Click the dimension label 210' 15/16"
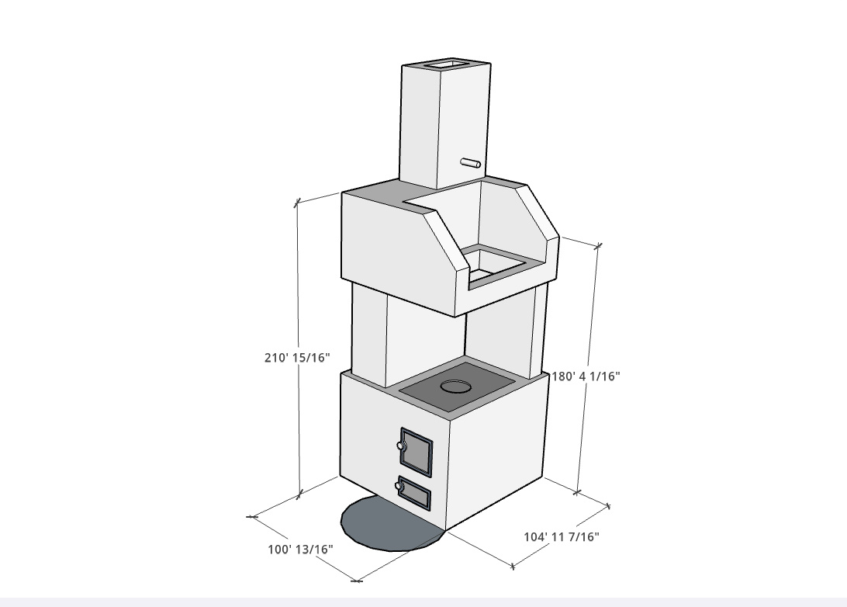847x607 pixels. coord(296,357)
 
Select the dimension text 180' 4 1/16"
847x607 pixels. coord(586,376)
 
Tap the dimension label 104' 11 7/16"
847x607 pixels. coord(562,536)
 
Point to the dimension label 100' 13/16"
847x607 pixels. coord(300,549)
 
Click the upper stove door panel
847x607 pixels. coord(416,453)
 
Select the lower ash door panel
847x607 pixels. coord(414,493)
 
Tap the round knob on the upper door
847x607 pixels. coord(400,446)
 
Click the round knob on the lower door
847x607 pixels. coord(399,486)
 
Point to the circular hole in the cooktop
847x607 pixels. coord(455,386)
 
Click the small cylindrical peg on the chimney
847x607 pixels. coord(471,162)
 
